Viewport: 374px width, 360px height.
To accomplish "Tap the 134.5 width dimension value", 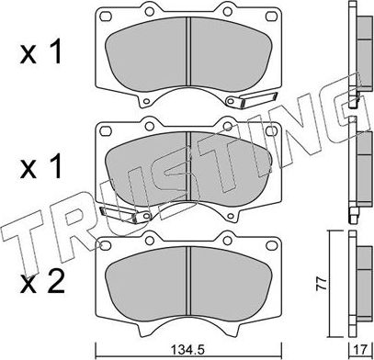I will point(187,349).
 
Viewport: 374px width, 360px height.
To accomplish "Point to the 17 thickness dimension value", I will point(356,349).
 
